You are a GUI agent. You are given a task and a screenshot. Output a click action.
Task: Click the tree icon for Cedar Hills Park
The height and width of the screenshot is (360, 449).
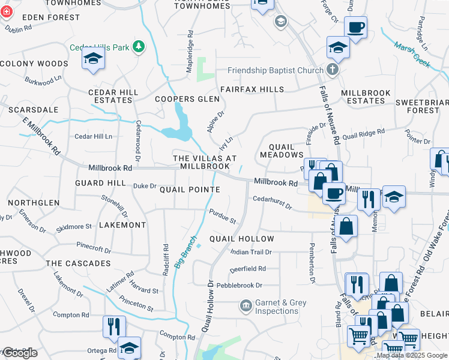click(139, 47)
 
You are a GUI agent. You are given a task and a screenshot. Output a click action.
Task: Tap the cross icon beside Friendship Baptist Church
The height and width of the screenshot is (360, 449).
click(332, 70)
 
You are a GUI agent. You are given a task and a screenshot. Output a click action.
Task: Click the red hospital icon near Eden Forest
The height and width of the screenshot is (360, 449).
click(7, 11)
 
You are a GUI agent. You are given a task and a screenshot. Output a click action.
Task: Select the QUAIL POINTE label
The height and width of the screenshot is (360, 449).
click(189, 189)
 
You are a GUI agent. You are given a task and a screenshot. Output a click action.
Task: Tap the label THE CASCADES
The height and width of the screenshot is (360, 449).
click(78, 263)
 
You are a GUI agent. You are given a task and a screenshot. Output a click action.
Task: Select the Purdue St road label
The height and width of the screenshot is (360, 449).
click(222, 216)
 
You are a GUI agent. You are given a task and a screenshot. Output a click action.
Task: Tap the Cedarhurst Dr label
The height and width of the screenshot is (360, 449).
click(271, 202)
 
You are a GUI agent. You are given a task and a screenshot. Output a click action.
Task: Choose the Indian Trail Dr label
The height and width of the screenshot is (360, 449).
click(252, 253)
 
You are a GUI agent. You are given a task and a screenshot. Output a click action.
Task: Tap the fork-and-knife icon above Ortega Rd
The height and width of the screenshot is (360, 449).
click(113, 326)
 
